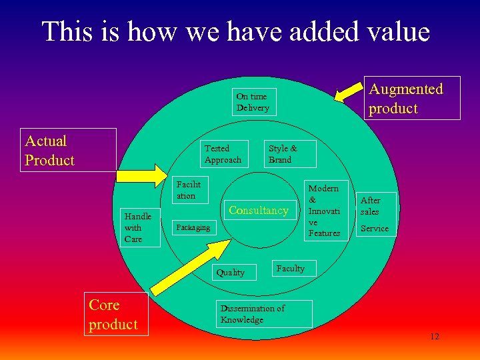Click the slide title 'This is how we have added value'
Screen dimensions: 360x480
tap(236, 31)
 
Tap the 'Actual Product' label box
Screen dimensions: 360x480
tap(69, 150)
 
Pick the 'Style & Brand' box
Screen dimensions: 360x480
tap(290, 154)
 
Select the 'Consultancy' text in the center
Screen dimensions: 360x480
tap(259, 211)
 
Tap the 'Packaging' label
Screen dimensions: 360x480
tap(193, 227)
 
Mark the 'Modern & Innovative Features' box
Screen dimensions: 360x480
tap(325, 211)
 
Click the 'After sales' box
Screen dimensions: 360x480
tap(377, 205)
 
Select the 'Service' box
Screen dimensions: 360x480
tap(374, 229)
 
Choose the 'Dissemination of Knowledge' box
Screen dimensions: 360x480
tap(265, 314)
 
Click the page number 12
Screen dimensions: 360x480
tap(435, 337)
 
